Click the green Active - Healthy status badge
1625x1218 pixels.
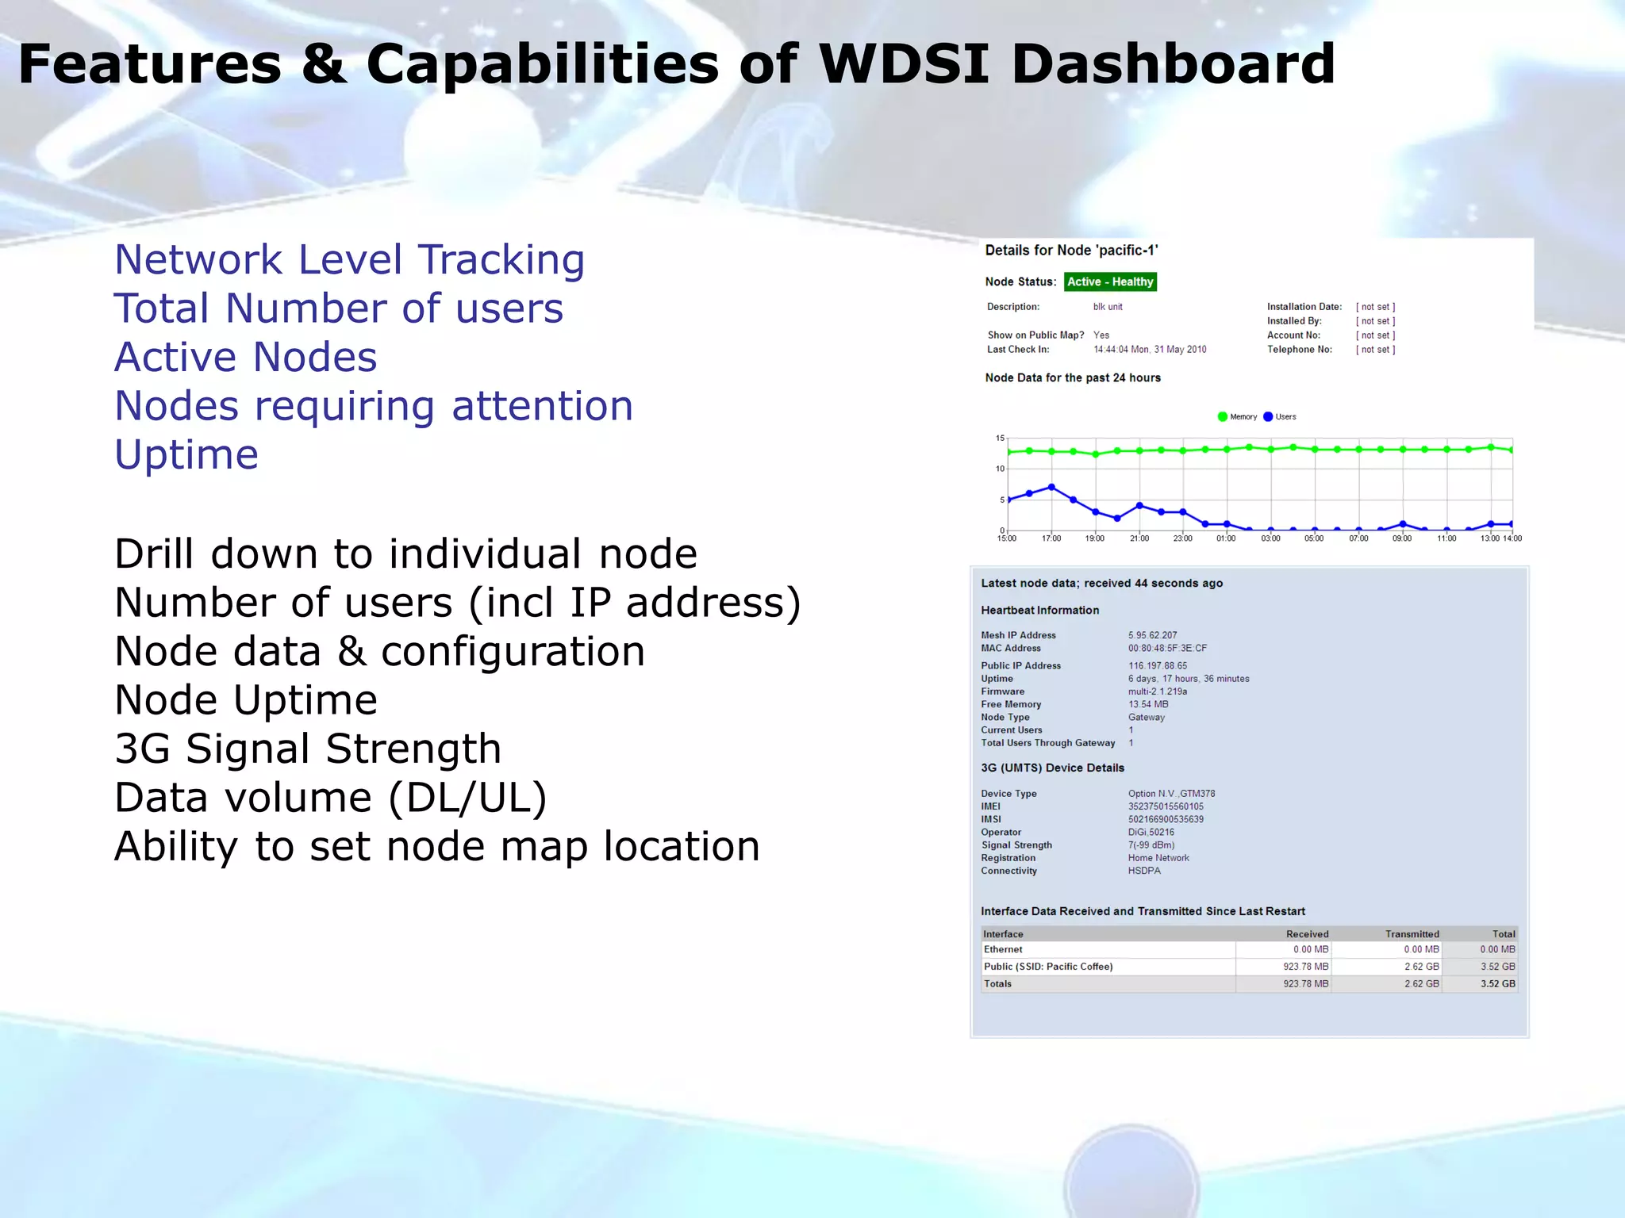[1109, 282]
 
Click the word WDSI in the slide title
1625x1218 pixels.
[904, 64]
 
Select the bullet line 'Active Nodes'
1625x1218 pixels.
[245, 357]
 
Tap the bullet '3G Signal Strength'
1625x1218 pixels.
[308, 749]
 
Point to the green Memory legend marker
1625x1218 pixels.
[1222, 416]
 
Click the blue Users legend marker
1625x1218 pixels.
[1268, 416]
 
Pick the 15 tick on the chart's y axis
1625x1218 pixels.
[1000, 438]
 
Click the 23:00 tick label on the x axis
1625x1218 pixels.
[1182, 538]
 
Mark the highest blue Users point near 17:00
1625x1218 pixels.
[1051, 487]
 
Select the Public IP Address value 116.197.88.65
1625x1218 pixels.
[1158, 666]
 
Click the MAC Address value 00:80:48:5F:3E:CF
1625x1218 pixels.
[1167, 648]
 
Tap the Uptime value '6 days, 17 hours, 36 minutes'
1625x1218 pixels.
[1188, 679]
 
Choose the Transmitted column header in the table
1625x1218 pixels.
[1412, 934]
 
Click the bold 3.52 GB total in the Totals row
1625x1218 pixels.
[1497, 984]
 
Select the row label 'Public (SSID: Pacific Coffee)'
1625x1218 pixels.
[1048, 967]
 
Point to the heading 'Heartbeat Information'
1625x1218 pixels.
[1039, 610]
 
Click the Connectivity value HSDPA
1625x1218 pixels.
[1144, 871]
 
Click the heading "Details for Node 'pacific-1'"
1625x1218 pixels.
[1071, 251]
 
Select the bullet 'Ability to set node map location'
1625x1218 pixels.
[436, 846]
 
